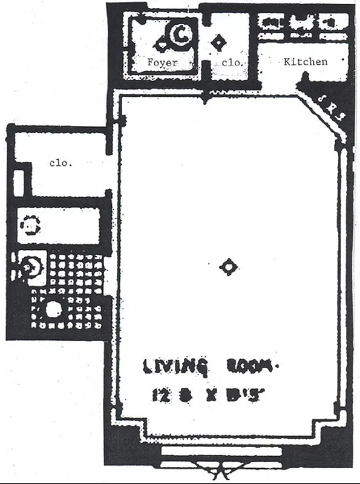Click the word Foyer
click(x=163, y=62)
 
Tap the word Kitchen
click(x=306, y=62)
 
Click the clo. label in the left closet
click(x=61, y=163)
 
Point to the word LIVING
click(x=175, y=367)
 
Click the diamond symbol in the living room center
click(x=228, y=266)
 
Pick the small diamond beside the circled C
click(x=162, y=44)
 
